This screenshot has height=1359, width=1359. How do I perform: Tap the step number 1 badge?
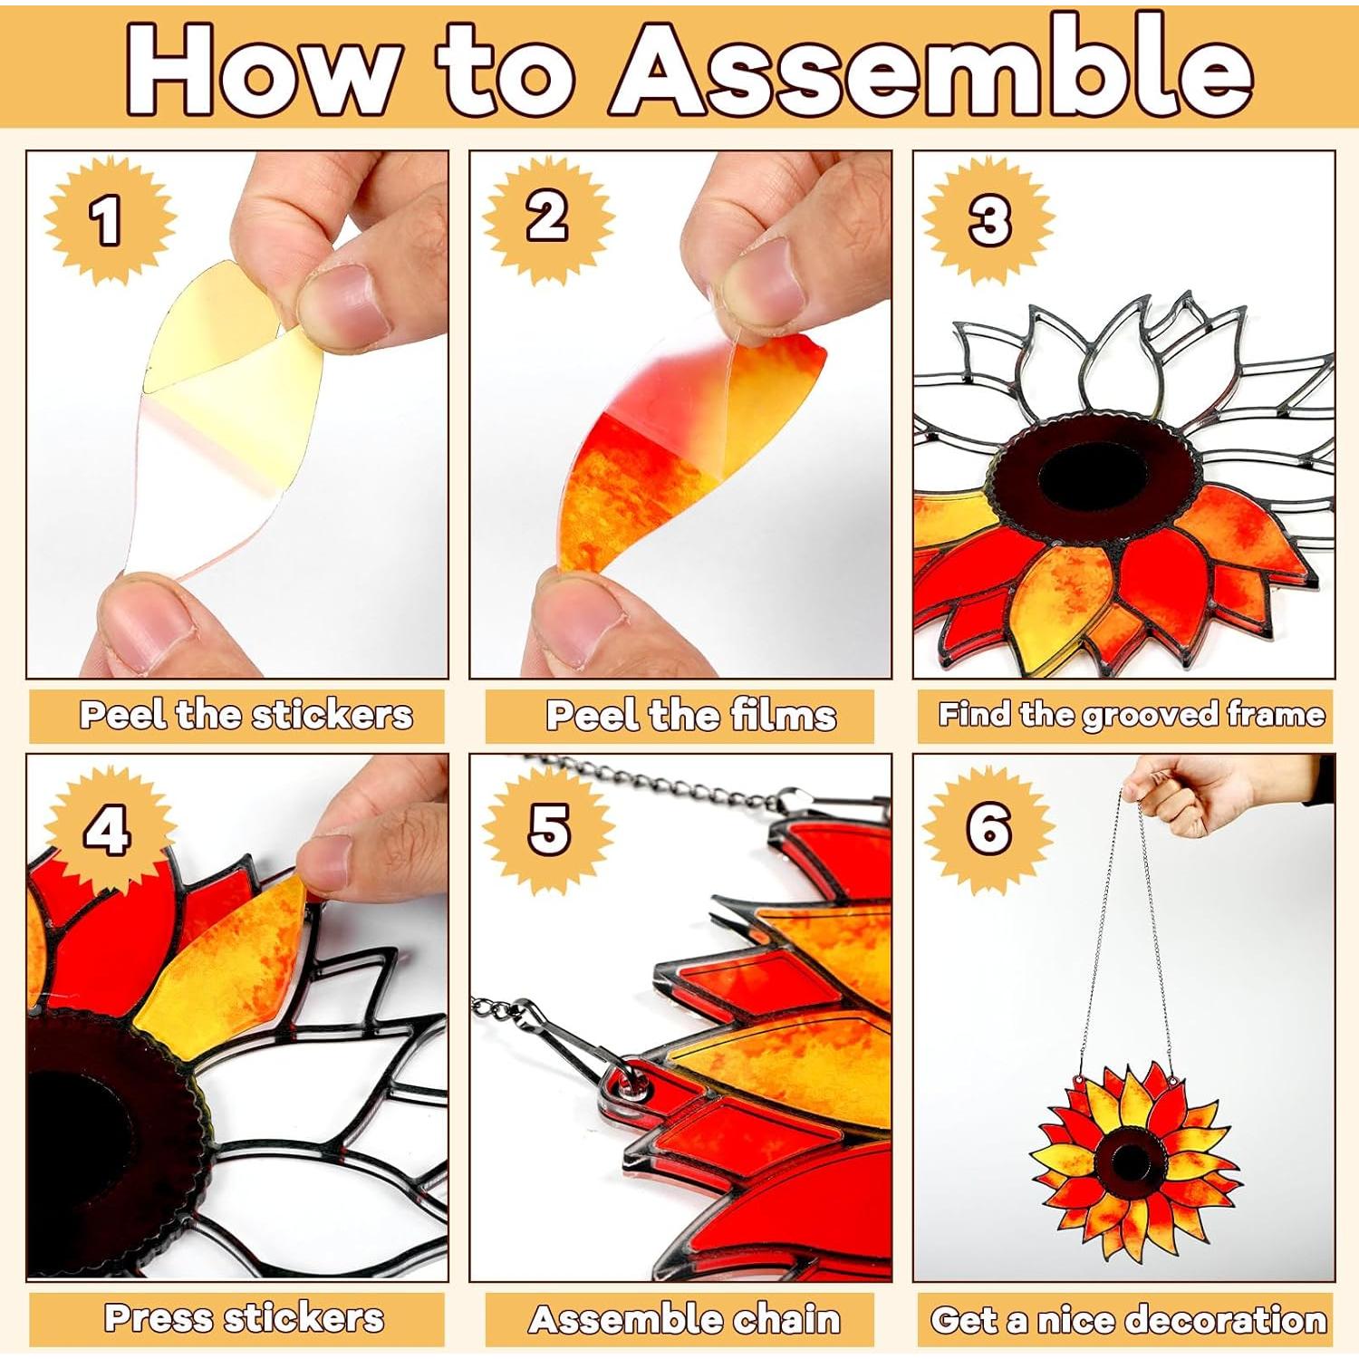(x=109, y=220)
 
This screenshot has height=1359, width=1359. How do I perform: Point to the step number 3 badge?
(x=988, y=220)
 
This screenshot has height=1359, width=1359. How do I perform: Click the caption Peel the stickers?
(x=246, y=716)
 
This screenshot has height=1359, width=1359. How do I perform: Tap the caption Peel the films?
(x=689, y=716)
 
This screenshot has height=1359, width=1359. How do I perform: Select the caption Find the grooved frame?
(x=1131, y=716)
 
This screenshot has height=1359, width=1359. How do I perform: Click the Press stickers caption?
(x=244, y=1318)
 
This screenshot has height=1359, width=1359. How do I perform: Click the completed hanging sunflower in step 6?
(x=1132, y=1160)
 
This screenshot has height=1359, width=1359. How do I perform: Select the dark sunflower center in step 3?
(x=1096, y=476)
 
